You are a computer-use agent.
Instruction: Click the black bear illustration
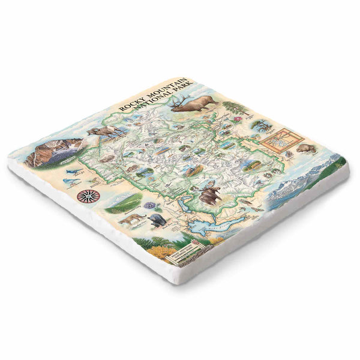(x=157, y=221)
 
